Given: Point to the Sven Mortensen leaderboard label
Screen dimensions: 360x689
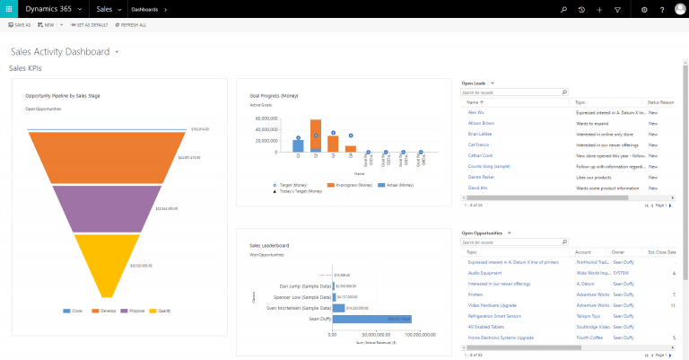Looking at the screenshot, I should point(300,307).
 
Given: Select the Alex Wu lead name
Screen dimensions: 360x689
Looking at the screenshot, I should point(475,112).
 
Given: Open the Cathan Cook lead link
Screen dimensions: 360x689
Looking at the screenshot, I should point(481,154).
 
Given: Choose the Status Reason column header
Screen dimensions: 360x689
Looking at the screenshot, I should point(662,102).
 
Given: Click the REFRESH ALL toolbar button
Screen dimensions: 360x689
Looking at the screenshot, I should point(131,25).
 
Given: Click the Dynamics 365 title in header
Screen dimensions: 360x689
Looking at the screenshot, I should point(61,9).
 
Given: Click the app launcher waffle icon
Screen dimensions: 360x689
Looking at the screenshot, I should point(9,9).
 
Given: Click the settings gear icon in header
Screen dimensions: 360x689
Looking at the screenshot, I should point(644,9).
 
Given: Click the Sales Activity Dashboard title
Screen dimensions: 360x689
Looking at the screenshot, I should point(59,52).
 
